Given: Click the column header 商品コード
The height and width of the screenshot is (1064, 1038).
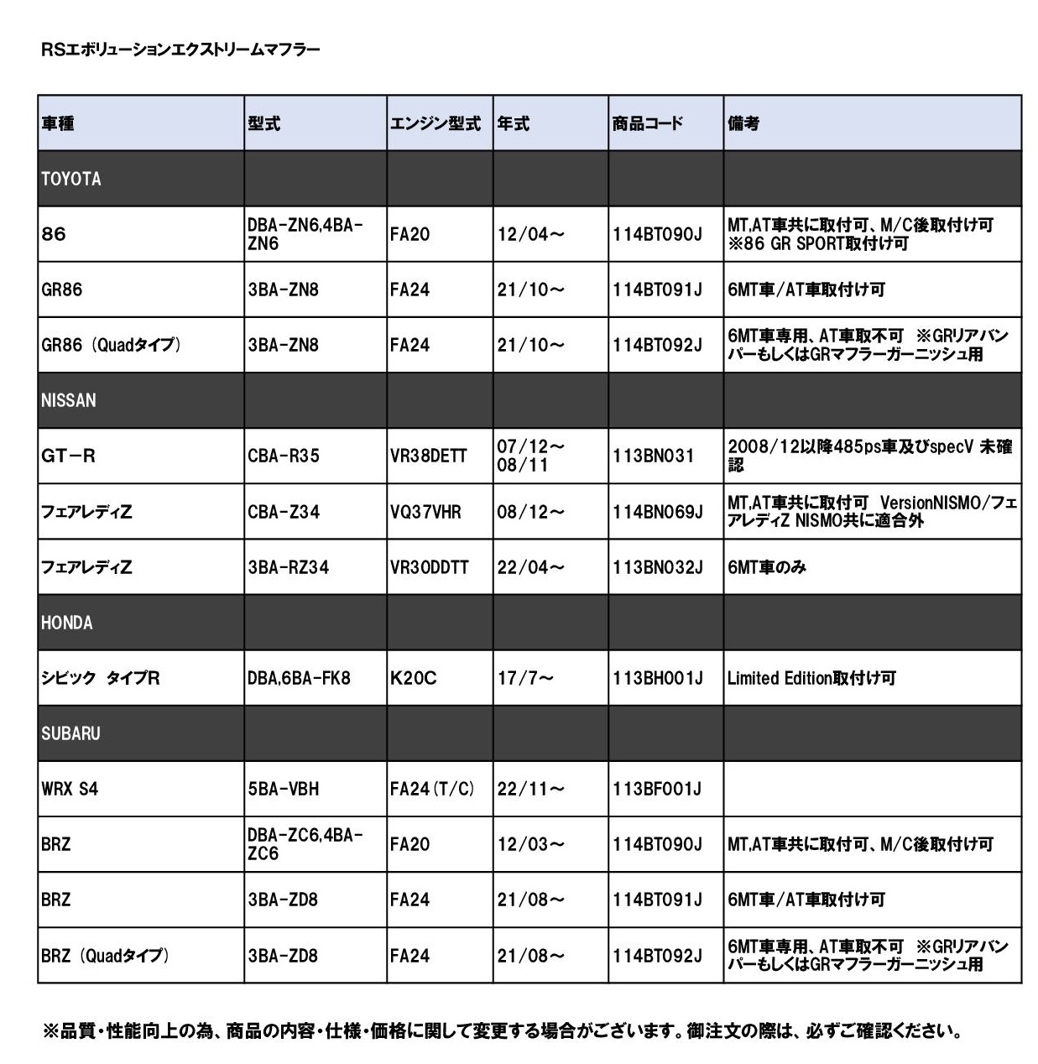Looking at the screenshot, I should point(648,123).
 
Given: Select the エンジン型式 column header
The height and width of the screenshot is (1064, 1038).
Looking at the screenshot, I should point(435,123).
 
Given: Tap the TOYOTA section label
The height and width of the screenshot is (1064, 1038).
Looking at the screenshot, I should point(71,179).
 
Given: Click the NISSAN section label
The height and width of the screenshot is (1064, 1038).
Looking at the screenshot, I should point(69,400).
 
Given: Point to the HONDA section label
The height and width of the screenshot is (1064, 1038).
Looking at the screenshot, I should point(67,623).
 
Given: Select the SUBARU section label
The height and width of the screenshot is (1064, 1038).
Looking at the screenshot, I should point(70,733).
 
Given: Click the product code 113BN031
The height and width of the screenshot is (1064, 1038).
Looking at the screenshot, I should point(654,456).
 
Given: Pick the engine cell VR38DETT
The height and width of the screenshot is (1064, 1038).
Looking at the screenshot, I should point(429,456).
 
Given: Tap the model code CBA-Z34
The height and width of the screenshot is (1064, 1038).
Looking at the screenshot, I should point(284,512).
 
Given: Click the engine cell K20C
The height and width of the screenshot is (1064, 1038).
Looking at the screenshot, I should point(414,678).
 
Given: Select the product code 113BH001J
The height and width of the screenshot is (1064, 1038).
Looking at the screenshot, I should point(658,678).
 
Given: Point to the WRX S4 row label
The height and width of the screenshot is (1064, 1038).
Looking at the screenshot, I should point(70,789).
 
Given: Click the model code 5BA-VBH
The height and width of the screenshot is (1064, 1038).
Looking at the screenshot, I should point(284,789).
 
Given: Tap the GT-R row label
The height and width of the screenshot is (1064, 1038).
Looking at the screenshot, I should point(68,456).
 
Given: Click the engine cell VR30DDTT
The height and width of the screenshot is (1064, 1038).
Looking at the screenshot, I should point(430,567).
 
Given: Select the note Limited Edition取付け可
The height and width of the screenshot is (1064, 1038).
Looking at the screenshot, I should point(811,678).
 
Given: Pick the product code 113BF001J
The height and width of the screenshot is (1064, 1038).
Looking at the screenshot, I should point(657,789).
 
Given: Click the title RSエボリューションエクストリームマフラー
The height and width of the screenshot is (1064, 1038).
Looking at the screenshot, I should point(180,50).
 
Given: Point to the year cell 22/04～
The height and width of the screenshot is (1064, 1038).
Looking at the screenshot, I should point(530,567).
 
